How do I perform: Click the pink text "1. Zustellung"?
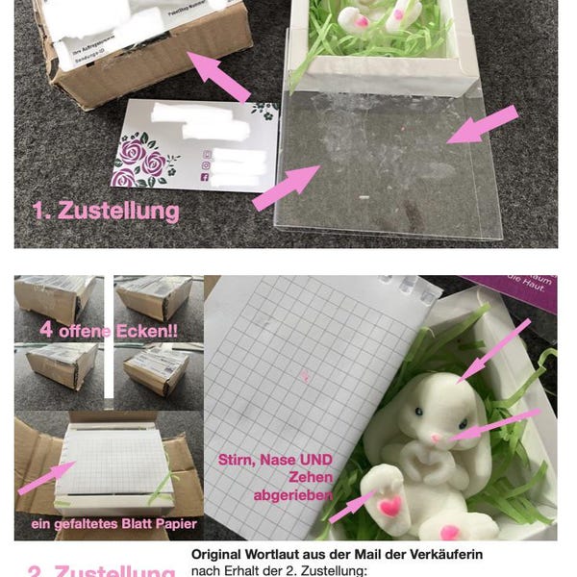pyautogui.click(x=106, y=211)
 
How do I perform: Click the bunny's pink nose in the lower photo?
pyautogui.click(x=437, y=439)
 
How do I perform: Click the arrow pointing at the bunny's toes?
pyautogui.click(x=351, y=507)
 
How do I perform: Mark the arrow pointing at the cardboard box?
pyautogui.click(x=218, y=77)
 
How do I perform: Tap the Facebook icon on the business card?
pyautogui.click(x=206, y=176)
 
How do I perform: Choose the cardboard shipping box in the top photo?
pyautogui.click(x=144, y=53)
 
